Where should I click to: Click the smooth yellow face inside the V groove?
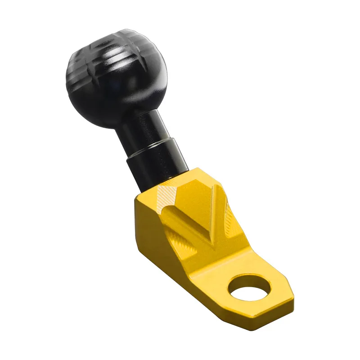pyautogui.click(x=198, y=211)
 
